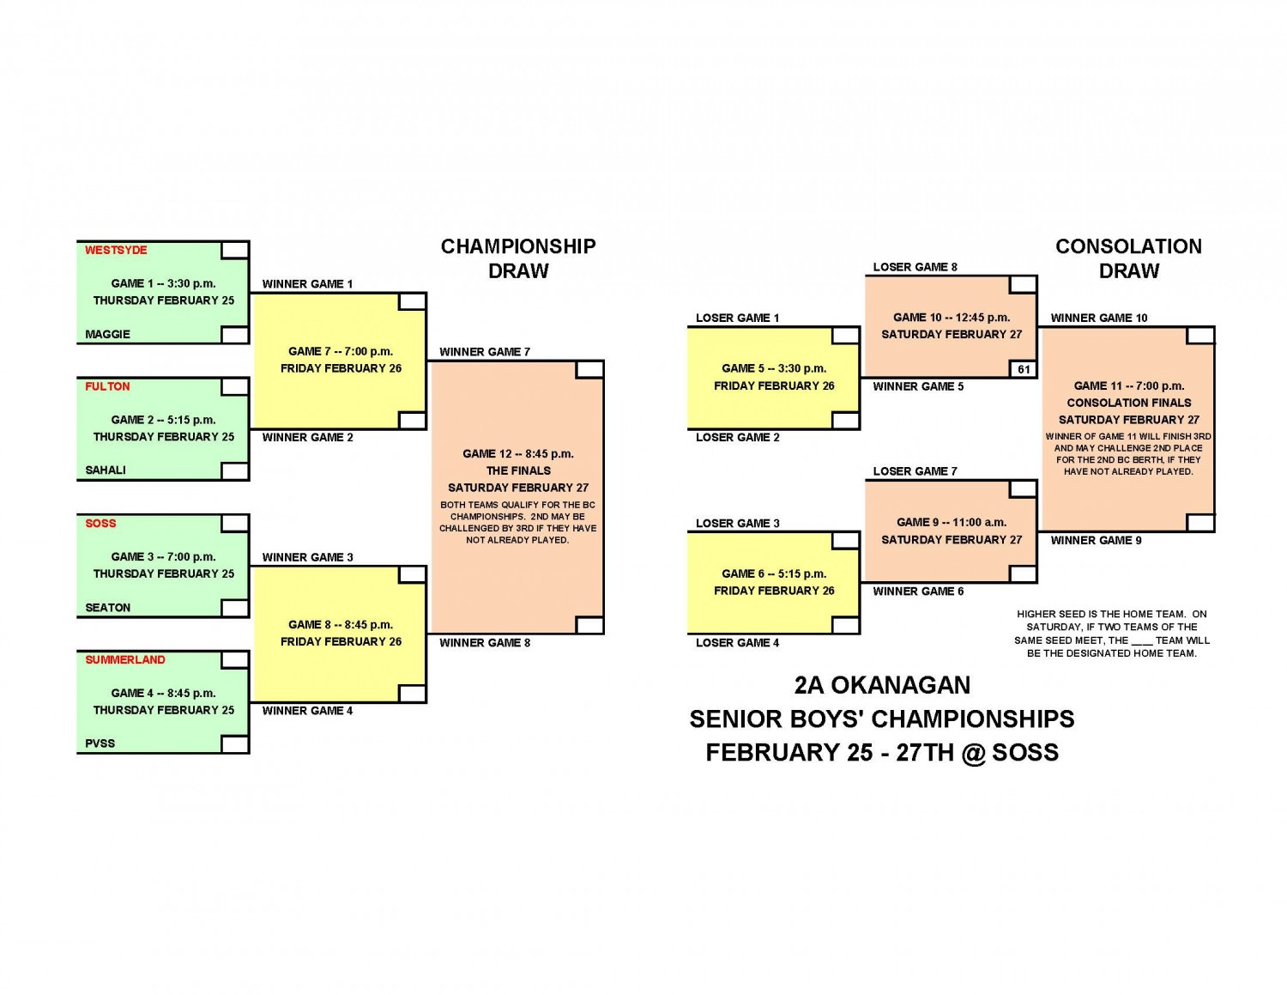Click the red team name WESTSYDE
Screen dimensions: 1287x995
pyautogui.click(x=116, y=250)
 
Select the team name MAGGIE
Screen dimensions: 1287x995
pyautogui.click(x=107, y=334)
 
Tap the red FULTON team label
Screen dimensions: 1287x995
pyautogui.click(x=107, y=386)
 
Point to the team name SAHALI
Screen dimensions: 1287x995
pyautogui.click(x=106, y=470)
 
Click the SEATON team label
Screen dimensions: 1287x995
pyautogui.click(x=107, y=608)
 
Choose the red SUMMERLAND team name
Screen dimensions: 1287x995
pyautogui.click(x=125, y=659)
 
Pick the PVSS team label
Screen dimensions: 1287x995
pyautogui.click(x=100, y=743)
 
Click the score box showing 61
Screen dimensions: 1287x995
pyautogui.click(x=1023, y=369)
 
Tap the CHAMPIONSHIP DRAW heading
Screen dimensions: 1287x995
pyautogui.click(x=517, y=258)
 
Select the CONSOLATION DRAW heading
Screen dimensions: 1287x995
pyautogui.click(x=1128, y=258)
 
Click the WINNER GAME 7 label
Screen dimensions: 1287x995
pyautogui.click(x=485, y=352)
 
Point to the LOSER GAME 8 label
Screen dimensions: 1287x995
pyautogui.click(x=915, y=267)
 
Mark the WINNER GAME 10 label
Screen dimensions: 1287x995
pyautogui.click(x=1098, y=318)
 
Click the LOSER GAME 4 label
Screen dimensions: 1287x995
pyautogui.click(x=737, y=642)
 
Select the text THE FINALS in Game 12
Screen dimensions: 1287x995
pyautogui.click(x=517, y=470)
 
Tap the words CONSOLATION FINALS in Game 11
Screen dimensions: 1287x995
pyautogui.click(x=1128, y=403)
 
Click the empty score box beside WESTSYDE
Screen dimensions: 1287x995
pyautogui.click(x=234, y=250)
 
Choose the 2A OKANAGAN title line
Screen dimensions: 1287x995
pyautogui.click(x=881, y=685)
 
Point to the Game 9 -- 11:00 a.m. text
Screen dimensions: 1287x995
pyautogui.click(x=951, y=522)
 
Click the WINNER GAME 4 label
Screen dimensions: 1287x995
pyautogui.click(x=307, y=711)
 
